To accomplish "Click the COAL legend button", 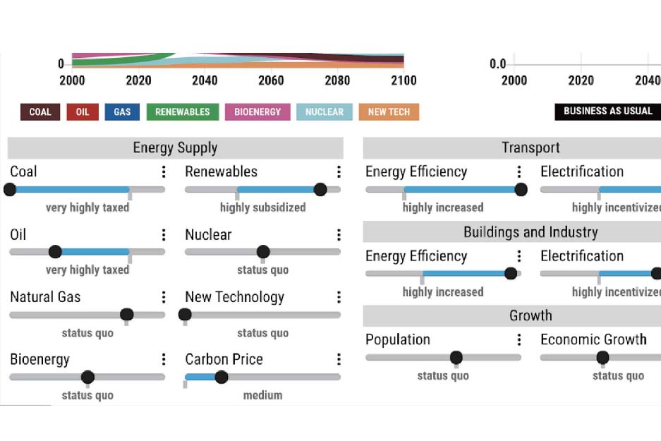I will tap(40, 111).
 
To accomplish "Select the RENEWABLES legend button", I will tap(183, 111).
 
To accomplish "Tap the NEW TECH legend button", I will tap(389, 111).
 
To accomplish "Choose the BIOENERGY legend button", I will tap(257, 111).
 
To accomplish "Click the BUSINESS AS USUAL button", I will tap(607, 111).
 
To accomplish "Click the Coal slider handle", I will tap(10, 189).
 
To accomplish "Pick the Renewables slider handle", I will tap(320, 189).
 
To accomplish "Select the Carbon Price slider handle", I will tap(221, 377).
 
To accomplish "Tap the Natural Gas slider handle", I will tap(127, 315).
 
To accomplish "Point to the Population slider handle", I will tap(456, 358).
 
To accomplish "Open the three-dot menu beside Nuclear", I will tap(339, 235).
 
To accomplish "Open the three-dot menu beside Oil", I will tap(164, 235).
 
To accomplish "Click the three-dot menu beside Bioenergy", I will tap(164, 360).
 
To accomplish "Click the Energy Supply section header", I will tap(175, 148).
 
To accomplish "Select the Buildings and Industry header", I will tap(530, 232).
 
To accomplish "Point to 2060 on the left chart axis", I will tap(271, 80).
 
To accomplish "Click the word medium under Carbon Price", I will tap(262, 395).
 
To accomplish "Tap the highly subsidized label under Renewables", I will tap(262, 207).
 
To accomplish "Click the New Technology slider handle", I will tap(185, 315).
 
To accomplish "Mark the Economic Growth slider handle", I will tap(602, 358).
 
